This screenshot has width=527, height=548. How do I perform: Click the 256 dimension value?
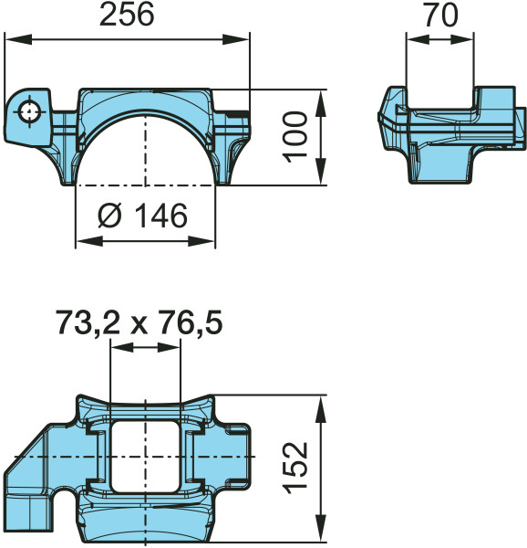[x=127, y=16]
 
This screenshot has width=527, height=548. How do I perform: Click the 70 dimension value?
[x=440, y=16]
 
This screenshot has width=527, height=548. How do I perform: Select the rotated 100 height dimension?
[x=294, y=136]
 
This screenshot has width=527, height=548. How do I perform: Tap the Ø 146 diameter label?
[x=144, y=216]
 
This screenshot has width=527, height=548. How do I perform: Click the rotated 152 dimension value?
[x=294, y=468]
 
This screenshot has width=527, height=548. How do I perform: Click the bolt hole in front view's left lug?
[x=31, y=111]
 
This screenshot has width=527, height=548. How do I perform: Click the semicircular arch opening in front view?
[x=145, y=151]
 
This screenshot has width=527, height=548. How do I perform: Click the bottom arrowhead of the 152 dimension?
[x=320, y=533]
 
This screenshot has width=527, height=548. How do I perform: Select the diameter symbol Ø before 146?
[x=108, y=216]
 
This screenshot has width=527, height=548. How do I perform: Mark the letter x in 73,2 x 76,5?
[x=139, y=324]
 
